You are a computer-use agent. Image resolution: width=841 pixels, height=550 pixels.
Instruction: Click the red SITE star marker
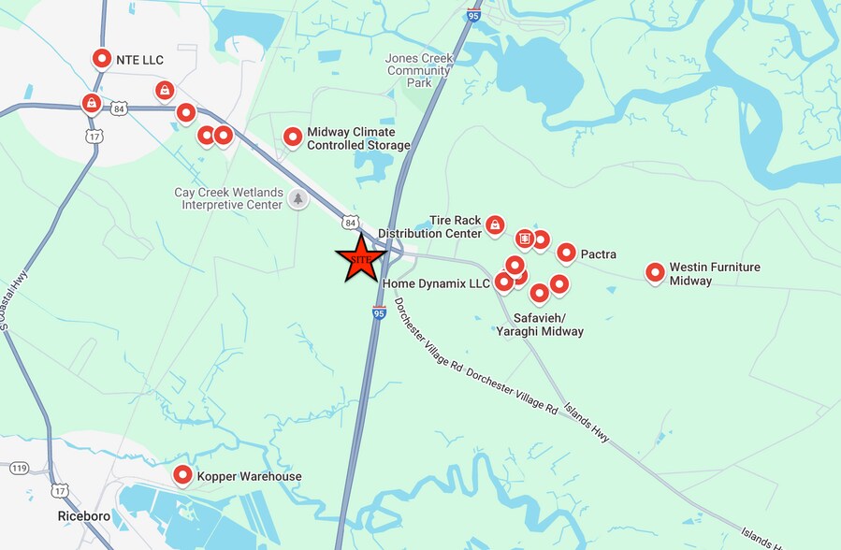point(360,258)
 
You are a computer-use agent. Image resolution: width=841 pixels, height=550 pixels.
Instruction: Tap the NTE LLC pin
point(101,58)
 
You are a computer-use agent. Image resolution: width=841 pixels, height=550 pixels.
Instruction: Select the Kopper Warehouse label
point(249,476)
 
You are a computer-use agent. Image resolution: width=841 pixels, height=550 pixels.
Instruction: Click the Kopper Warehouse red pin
point(182,474)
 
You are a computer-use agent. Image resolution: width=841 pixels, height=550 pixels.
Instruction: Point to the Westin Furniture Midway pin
point(655,272)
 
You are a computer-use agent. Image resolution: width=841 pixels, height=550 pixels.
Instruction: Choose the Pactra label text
point(598,253)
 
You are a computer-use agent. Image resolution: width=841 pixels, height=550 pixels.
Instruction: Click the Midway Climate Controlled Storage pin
point(293,137)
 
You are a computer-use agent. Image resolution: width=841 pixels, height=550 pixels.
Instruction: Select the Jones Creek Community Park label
point(418,70)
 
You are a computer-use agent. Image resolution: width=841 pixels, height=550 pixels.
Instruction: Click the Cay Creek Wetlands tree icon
point(298,198)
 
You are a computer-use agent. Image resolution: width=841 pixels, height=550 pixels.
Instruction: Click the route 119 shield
point(18,467)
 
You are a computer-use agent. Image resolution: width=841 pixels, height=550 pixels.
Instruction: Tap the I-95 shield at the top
point(473,14)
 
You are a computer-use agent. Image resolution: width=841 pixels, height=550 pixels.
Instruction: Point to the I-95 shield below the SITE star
point(379,313)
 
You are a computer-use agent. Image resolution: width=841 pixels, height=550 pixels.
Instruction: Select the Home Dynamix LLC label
point(436,283)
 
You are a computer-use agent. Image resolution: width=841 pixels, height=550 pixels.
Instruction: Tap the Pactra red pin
point(566,252)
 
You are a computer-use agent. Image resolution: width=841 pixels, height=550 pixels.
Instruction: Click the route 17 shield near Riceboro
point(61,490)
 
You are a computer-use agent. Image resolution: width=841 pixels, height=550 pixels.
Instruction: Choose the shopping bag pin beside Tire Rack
point(495,224)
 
